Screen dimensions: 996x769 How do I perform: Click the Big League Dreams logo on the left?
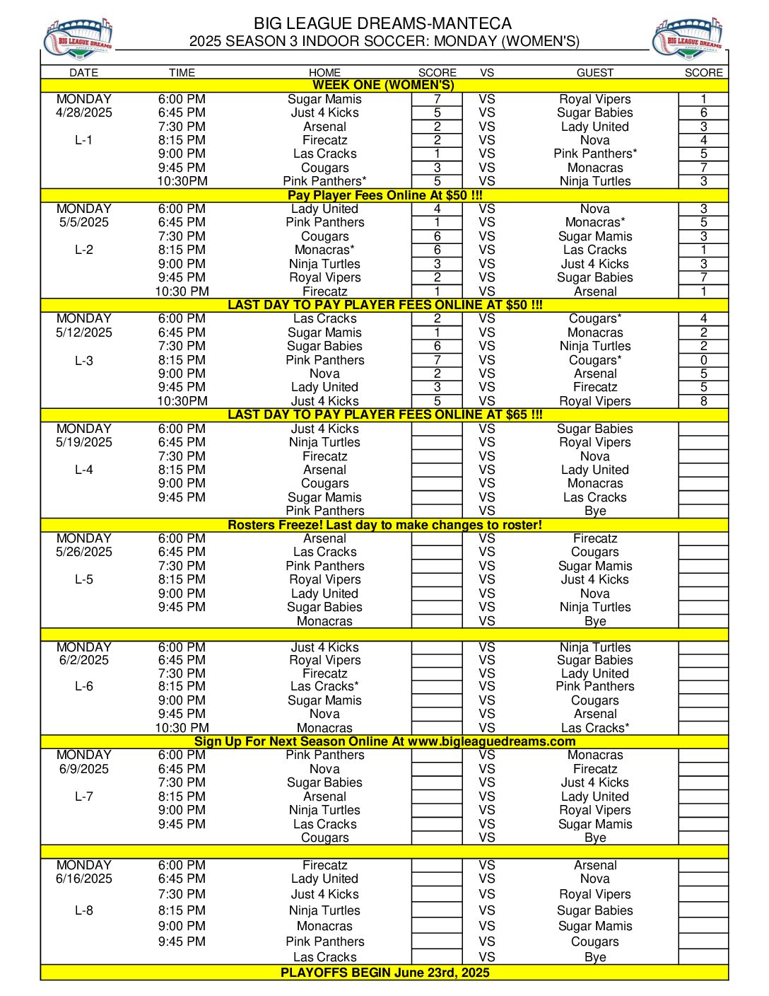[x=78, y=38]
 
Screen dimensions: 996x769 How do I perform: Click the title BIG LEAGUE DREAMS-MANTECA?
[x=383, y=23]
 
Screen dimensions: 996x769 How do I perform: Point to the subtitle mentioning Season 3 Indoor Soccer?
[x=384, y=41]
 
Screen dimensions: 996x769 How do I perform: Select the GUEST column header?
[x=595, y=72]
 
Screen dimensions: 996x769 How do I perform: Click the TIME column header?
[x=182, y=72]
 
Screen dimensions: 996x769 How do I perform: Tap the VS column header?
[x=487, y=72]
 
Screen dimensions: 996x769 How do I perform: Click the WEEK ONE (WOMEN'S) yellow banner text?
[x=384, y=85]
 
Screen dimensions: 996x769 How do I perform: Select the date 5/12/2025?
[x=84, y=332]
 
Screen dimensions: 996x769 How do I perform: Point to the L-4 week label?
[x=84, y=470]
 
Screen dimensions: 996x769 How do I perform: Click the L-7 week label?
[x=84, y=797]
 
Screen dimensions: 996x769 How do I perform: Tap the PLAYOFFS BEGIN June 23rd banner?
[x=384, y=972]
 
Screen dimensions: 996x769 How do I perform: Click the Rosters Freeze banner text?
[x=384, y=525]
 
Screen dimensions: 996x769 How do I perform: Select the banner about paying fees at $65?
[x=384, y=415]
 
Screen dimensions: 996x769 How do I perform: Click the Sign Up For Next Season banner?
[x=384, y=741]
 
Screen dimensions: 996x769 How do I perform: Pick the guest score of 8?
[x=703, y=401]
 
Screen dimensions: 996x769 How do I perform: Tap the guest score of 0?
[x=703, y=360]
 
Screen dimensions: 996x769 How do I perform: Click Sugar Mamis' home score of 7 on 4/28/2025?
[x=437, y=99]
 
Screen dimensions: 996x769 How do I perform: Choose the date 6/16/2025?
[x=84, y=879]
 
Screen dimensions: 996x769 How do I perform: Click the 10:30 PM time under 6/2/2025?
[x=182, y=728]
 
